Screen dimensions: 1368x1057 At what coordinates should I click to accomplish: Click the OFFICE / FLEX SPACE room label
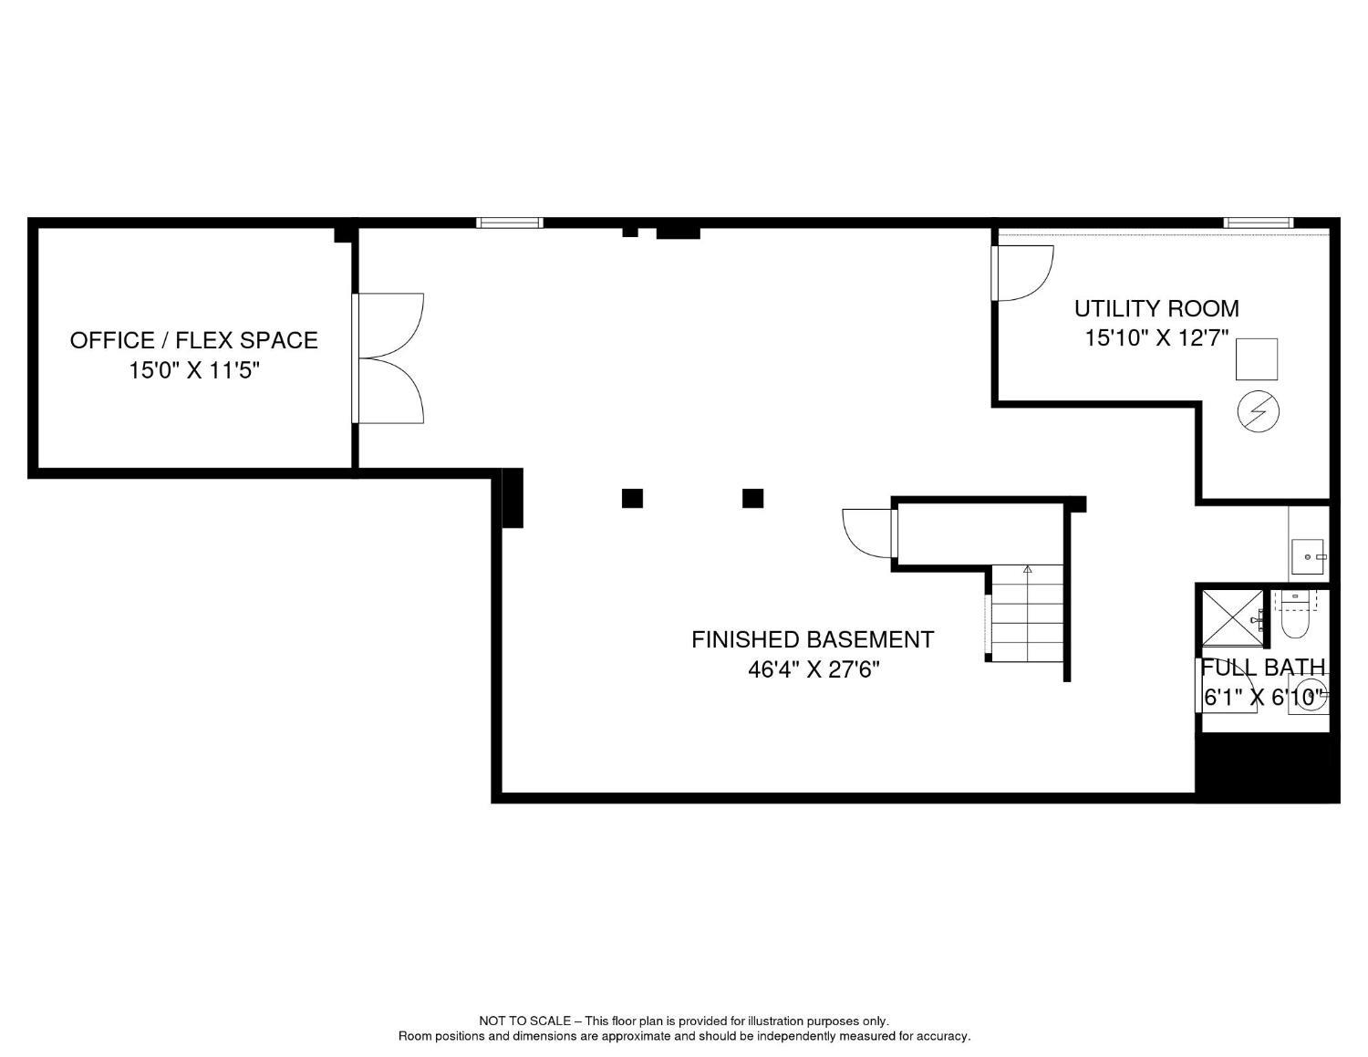point(194,340)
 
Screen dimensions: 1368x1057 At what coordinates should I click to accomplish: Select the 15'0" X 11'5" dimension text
point(194,371)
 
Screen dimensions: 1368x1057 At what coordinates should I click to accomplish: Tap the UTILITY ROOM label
point(1156,309)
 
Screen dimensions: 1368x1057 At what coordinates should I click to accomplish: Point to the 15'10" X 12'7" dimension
point(1156,338)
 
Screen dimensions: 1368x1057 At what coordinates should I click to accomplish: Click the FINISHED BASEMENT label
point(812,639)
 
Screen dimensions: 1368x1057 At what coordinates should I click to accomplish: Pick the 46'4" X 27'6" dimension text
point(814,669)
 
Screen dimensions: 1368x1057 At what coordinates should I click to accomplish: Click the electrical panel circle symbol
point(1258,411)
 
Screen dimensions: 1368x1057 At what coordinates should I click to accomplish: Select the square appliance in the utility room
point(1257,359)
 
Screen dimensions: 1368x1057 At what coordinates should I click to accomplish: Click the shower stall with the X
point(1232,618)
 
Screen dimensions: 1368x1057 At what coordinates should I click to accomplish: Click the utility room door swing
point(1023,274)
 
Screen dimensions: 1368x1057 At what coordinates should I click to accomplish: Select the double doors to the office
point(388,358)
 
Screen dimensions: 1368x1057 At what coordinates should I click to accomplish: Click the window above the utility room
point(1259,223)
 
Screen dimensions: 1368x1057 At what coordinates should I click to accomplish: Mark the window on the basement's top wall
point(509,223)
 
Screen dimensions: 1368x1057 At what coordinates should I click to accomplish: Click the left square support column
point(632,499)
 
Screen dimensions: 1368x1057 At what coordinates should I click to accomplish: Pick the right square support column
point(753,499)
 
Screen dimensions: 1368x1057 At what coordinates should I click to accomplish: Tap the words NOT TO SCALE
point(525,1021)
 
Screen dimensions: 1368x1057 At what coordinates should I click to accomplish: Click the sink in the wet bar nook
point(1308,556)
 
